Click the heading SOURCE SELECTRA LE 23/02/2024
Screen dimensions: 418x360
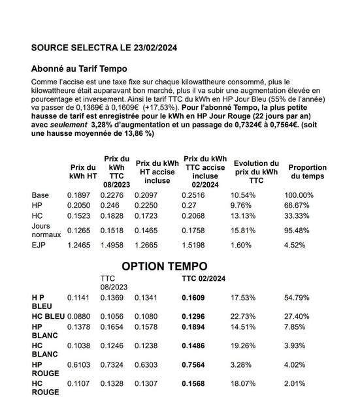[x=104, y=48]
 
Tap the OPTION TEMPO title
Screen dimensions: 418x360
[x=165, y=266]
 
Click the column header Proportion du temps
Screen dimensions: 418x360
[x=307, y=172]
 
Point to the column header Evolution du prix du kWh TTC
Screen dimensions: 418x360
[x=256, y=172]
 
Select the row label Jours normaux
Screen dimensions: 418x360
[x=46, y=229]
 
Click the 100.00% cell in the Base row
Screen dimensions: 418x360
[x=299, y=195]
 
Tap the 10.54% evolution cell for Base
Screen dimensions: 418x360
[x=244, y=195]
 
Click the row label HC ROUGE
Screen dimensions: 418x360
[x=46, y=387]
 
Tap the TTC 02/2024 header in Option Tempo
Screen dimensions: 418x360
[x=203, y=278]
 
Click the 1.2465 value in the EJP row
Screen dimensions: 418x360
[x=80, y=246]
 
